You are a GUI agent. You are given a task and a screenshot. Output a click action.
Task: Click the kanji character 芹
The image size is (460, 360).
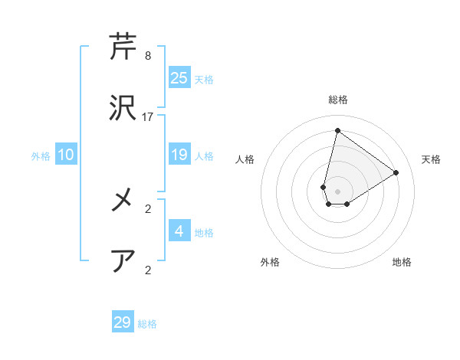click(x=123, y=47)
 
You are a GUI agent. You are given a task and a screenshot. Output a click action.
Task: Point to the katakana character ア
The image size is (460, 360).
click(x=123, y=260)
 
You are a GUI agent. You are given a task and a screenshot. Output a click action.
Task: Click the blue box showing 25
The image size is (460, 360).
click(x=179, y=78)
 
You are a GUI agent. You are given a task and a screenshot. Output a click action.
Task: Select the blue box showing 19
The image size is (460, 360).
click(x=179, y=155)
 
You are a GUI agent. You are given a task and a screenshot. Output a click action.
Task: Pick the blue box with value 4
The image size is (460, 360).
click(x=179, y=231)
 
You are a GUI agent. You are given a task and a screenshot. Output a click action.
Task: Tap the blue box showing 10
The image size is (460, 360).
click(x=66, y=155)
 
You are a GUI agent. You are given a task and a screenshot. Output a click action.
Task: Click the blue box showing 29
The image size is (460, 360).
click(x=123, y=322)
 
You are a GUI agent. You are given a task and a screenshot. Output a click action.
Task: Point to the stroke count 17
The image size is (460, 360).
click(x=148, y=117)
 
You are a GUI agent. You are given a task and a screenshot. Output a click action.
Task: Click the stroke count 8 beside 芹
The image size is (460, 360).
click(x=148, y=56)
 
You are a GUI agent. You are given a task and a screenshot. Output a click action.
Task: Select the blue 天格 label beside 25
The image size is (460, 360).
click(x=204, y=80)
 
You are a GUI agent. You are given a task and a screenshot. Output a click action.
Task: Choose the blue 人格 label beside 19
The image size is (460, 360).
click(x=204, y=156)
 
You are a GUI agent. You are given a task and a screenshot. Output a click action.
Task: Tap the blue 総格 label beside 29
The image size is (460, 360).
click(x=148, y=324)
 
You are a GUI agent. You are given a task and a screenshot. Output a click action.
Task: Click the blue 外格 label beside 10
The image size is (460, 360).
click(x=41, y=156)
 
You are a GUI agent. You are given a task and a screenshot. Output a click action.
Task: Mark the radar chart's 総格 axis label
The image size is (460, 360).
click(x=337, y=100)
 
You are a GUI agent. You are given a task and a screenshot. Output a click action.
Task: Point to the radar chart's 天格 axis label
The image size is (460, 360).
click(x=432, y=159)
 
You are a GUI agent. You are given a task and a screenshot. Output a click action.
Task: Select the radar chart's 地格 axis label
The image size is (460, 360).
click(x=402, y=262)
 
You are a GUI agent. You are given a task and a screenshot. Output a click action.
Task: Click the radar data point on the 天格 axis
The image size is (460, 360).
click(x=396, y=173)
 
